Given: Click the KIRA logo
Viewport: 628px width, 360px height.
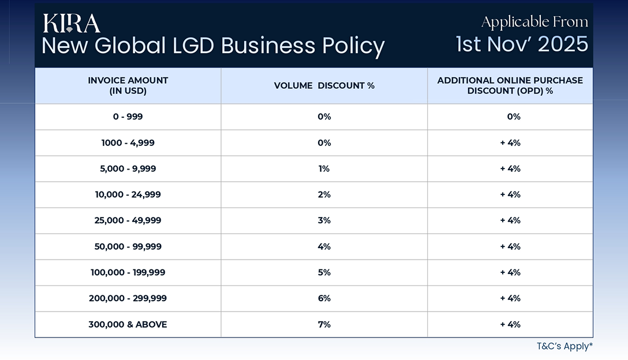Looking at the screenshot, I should pyautogui.click(x=71, y=23).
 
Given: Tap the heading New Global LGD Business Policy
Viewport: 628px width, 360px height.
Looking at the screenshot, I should pyautogui.click(x=213, y=46).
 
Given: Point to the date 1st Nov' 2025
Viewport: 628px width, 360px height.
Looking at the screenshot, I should pyautogui.click(x=522, y=44).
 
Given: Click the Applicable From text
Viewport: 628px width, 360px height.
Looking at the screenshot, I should pyautogui.click(x=534, y=22).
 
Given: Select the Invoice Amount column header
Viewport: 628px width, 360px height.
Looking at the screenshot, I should pyautogui.click(x=128, y=85).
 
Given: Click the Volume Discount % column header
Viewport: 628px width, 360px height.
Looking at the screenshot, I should pyautogui.click(x=324, y=85).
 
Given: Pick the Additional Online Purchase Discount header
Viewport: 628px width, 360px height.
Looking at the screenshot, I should pyautogui.click(x=510, y=85).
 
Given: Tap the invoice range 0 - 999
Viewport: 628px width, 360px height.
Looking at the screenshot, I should pyautogui.click(x=128, y=117).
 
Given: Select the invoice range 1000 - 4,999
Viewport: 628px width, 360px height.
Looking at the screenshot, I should pyautogui.click(x=128, y=142).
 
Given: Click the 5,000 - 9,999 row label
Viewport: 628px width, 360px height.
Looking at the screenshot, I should pyautogui.click(x=128, y=168).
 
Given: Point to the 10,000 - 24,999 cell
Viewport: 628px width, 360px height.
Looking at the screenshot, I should pyautogui.click(x=128, y=194).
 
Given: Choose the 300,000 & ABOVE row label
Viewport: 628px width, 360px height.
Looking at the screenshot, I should pyautogui.click(x=128, y=324).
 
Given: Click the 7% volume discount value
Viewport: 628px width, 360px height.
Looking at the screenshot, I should pyautogui.click(x=324, y=324).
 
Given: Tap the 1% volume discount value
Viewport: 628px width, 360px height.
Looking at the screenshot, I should pyautogui.click(x=324, y=168).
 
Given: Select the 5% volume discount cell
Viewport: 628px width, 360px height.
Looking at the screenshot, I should pyautogui.click(x=324, y=272).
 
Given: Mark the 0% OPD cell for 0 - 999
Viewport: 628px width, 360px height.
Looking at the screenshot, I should pyautogui.click(x=513, y=117).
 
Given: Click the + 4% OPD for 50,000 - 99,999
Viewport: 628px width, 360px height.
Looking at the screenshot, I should pyautogui.click(x=510, y=246).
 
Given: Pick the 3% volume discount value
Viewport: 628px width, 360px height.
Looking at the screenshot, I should pyautogui.click(x=324, y=220).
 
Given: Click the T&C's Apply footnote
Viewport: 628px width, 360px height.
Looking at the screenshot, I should pyautogui.click(x=564, y=346).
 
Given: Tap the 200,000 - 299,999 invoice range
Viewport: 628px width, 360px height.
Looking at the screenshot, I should pyautogui.click(x=128, y=298).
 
